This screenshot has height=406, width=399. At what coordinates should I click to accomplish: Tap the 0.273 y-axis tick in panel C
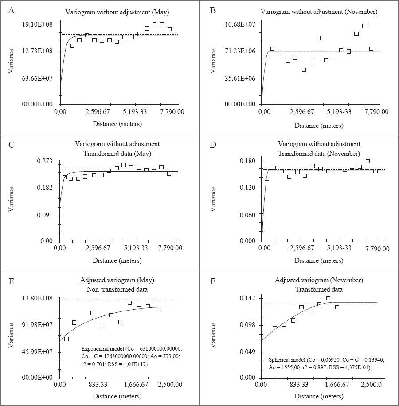pyautogui.click(x=46, y=161)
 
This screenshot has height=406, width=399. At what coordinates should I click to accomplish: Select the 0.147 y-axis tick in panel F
pyautogui.click(x=247, y=298)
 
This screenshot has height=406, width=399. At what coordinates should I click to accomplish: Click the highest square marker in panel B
pyautogui.click(x=364, y=26)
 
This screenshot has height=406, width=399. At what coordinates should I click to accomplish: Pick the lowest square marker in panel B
pyautogui.click(x=304, y=70)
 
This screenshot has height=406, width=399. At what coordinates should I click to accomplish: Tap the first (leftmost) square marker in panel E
pyautogui.click(x=66, y=339)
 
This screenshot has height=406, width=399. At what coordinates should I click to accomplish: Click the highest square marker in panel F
pyautogui.click(x=329, y=299)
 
